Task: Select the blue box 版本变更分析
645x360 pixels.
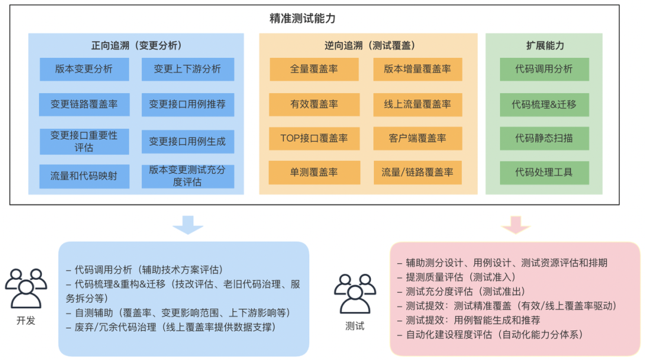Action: [x=84, y=69]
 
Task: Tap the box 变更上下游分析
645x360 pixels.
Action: [x=188, y=69]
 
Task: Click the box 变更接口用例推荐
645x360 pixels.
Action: [x=188, y=104]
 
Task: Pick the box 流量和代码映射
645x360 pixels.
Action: [x=84, y=176]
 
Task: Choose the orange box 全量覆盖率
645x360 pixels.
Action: [x=314, y=69]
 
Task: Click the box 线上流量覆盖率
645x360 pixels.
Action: [x=417, y=104]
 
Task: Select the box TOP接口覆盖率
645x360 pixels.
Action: [x=314, y=139]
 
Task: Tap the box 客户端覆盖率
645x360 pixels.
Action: [x=417, y=139]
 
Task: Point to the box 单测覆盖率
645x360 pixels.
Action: [x=314, y=173]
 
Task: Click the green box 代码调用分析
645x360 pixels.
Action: [x=544, y=69]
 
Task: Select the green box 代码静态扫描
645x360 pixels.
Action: [x=544, y=139]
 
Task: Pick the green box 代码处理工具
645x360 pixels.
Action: [x=544, y=173]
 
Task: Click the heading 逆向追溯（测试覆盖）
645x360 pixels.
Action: [x=366, y=46]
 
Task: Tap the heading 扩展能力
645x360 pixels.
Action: [x=544, y=46]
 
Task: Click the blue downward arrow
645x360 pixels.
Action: [x=188, y=224]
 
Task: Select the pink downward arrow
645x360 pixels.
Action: [x=515, y=224]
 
